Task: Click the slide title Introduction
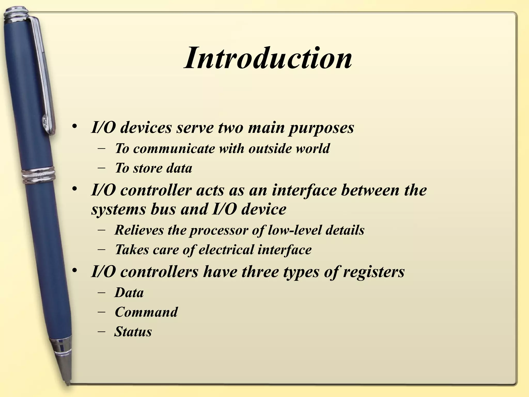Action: [268, 58]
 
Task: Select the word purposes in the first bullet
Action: [321, 128]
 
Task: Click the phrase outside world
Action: [289, 149]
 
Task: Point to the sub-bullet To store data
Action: [153, 168]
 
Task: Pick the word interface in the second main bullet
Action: [304, 190]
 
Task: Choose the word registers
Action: [374, 272]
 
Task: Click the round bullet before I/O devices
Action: [75, 127]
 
